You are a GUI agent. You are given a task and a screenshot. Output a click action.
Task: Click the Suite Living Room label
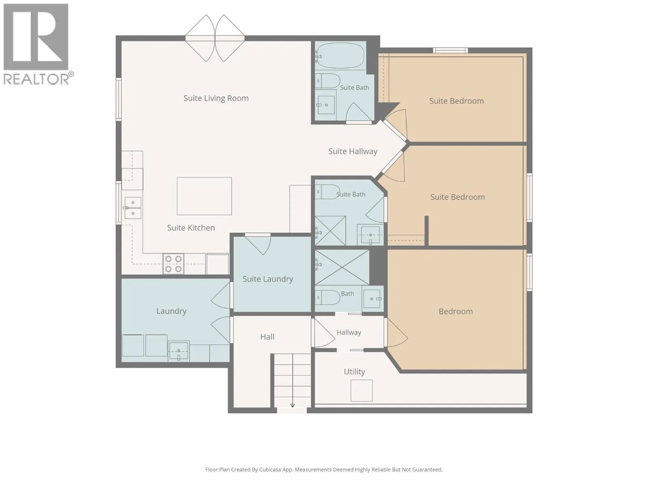coord(216,98)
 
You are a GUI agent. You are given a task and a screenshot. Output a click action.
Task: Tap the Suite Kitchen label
coord(191,228)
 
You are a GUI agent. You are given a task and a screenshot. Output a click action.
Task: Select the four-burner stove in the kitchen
coord(173,264)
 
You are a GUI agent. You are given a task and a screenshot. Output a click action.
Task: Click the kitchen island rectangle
coord(204,196)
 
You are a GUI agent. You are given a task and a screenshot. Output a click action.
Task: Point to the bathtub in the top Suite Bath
coord(340,56)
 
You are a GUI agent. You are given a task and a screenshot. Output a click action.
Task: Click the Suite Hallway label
coord(353,151)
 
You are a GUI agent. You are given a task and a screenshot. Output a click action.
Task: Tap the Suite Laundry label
coord(268,279)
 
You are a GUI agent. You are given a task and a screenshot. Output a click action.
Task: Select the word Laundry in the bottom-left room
coord(171,311)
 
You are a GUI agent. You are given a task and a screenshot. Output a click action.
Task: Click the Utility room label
coord(354,371)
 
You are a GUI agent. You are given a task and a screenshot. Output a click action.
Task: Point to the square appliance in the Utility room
coord(361,390)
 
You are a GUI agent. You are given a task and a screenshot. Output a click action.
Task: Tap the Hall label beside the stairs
coord(267,337)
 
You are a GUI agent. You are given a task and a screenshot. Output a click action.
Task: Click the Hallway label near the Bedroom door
coord(349,333)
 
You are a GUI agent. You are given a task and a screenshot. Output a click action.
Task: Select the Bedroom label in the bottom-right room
coord(456,311)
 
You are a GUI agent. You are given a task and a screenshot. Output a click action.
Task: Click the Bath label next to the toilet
coord(347,294)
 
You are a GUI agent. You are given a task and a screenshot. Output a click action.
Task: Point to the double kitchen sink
coord(132,208)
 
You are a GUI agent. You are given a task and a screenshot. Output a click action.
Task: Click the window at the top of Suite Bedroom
coord(450,51)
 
